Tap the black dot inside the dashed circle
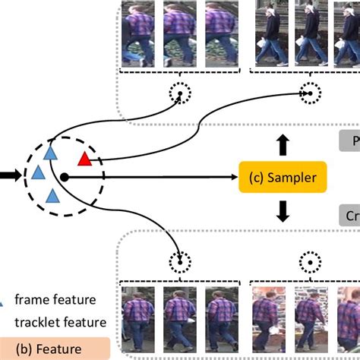(65, 177)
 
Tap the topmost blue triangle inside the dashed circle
(50, 153)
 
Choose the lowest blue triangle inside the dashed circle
(52, 197)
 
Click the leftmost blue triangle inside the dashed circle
(36, 174)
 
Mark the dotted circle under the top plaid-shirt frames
(180, 93)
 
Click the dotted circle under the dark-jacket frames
(308, 93)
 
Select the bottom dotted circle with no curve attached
(308, 263)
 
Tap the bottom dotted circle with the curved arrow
(180, 263)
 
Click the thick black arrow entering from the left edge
(11, 176)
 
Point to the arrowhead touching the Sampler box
(233, 176)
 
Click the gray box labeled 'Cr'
(348, 215)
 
